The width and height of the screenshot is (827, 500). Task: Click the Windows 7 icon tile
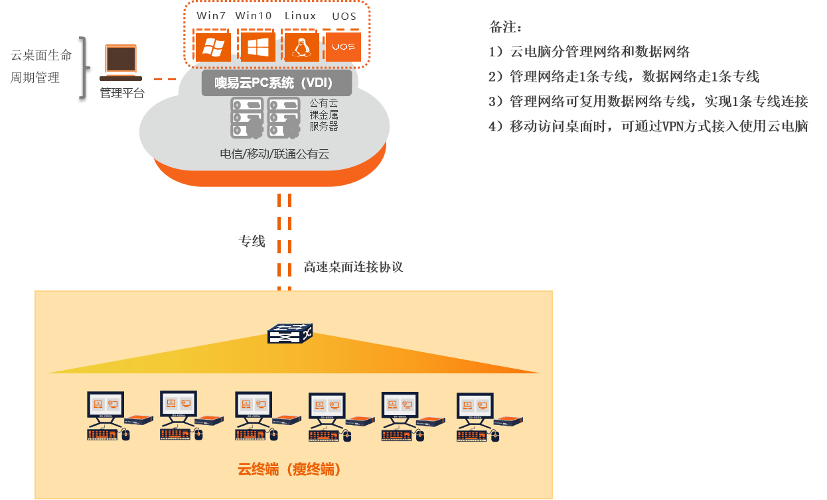point(213,46)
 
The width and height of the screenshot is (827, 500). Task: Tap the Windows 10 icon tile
point(258,46)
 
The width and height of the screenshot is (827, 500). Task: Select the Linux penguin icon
point(301,46)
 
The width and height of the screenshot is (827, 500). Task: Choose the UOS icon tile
point(343,46)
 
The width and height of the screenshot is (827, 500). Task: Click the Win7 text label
point(211,15)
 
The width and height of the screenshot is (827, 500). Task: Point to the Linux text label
point(300,15)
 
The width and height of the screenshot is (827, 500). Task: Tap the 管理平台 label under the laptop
point(121,94)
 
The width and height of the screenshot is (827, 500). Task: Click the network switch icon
point(289,334)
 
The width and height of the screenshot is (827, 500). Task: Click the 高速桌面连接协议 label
point(353,267)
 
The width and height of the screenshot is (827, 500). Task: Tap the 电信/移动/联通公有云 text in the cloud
point(274,155)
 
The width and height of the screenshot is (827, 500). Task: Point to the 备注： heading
point(506,28)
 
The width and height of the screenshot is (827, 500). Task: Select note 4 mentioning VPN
point(648,127)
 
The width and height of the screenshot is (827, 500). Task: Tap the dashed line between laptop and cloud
point(165,79)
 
